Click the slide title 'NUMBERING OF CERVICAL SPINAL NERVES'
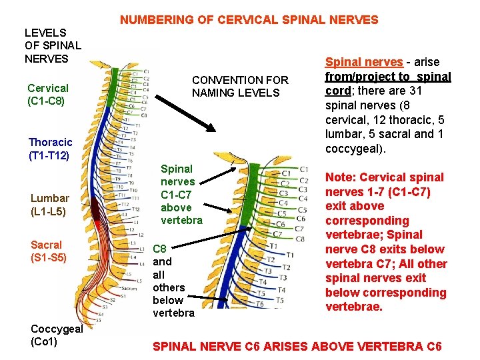pyautogui.click(x=249, y=20)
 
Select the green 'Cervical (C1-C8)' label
pyautogui.click(x=47, y=94)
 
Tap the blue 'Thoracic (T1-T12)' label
pyautogui.click(x=50, y=149)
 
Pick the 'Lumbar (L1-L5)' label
pyautogui.click(x=50, y=205)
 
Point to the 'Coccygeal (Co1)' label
pyautogui.click(x=56, y=335)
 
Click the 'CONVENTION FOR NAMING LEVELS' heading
pyautogui.click(x=240, y=86)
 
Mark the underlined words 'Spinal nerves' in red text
pyautogui.click(x=363, y=62)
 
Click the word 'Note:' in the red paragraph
pyautogui.click(x=340, y=177)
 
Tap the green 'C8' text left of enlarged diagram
pyautogui.click(x=160, y=249)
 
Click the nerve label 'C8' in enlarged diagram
pyautogui.click(x=300, y=238)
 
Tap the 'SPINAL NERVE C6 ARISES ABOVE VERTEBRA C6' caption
pyautogui.click(x=297, y=346)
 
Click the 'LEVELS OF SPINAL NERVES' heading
pyautogui.click(x=52, y=45)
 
